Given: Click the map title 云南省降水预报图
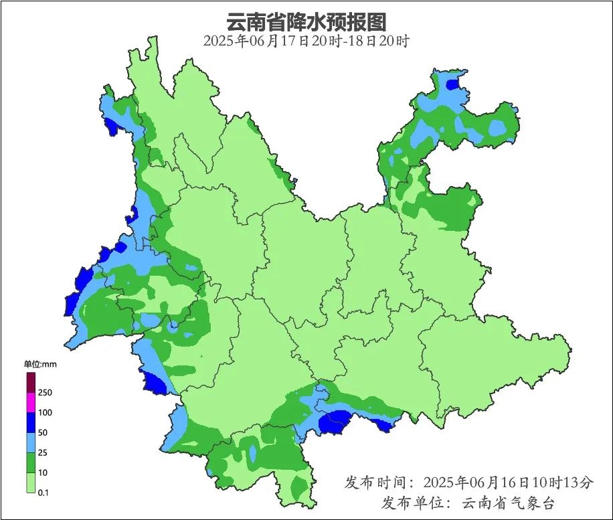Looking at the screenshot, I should coord(306,21).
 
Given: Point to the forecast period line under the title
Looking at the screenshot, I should coord(306,41).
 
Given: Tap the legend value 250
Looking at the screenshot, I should coord(46,392).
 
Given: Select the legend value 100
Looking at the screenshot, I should coord(46,412).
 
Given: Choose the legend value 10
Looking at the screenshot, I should coord(43,472).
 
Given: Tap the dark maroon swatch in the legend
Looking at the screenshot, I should coord(31,382).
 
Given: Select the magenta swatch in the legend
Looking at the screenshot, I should coord(31,402).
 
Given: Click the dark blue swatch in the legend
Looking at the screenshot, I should coord(31,422).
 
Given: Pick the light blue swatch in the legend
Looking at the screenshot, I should coord(31,442).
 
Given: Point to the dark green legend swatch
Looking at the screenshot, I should coord(31,462).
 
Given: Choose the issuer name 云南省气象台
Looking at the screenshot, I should coord(509,503).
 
